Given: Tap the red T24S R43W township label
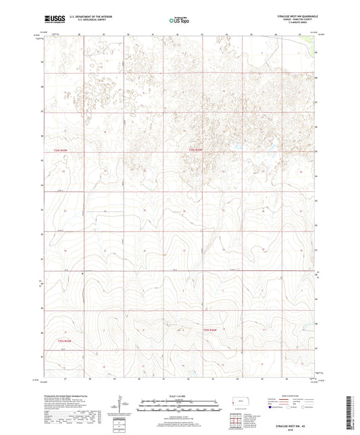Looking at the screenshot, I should [x=61, y=149].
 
